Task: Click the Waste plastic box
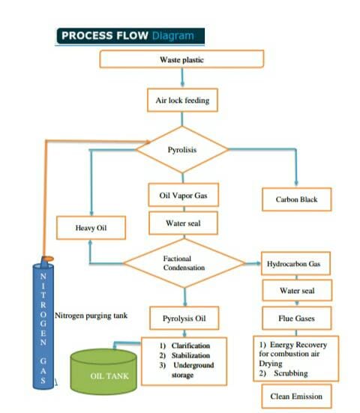pos(181,59)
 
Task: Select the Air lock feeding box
pos(182,100)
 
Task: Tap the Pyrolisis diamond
pos(181,149)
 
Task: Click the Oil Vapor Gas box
pos(184,195)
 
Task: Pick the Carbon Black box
pos(297,199)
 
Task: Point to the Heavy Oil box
pos(91,228)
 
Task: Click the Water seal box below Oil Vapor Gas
pos(183,223)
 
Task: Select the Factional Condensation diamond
pos(184,263)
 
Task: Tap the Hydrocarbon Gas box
pos(295,264)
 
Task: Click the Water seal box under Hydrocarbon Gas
pos(297,290)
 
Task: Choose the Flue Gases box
pos(297,318)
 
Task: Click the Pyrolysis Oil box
pos(184,318)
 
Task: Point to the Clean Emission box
pos(296,397)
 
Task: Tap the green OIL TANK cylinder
pos(103,371)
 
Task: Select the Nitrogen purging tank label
pos(91,316)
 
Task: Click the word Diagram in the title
pos(173,35)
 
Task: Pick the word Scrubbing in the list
pos(291,373)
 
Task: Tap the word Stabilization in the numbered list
pos(190,355)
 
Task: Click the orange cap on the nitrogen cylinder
pos(48,259)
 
